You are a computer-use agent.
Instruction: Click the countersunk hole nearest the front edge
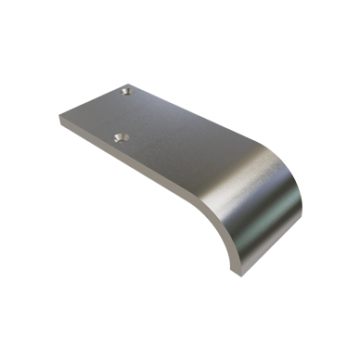coord(118,136)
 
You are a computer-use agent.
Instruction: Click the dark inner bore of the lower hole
coord(118,137)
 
